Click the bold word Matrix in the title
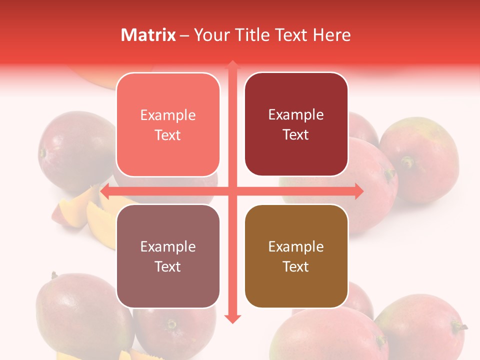pos(148,35)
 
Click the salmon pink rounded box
pos(168,124)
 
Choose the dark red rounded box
pos(296,124)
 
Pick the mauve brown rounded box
pos(168,256)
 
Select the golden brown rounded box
pos(296,256)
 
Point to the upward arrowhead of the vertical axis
pos(232,65)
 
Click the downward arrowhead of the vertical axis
pos(232,318)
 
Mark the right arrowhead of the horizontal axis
pos(358,191)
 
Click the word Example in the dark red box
pos(296,114)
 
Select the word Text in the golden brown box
pos(296,266)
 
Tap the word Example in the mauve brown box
pos(168,246)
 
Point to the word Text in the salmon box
pos(168,135)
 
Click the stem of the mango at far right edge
pos(459,327)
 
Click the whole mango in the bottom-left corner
pos(80,315)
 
